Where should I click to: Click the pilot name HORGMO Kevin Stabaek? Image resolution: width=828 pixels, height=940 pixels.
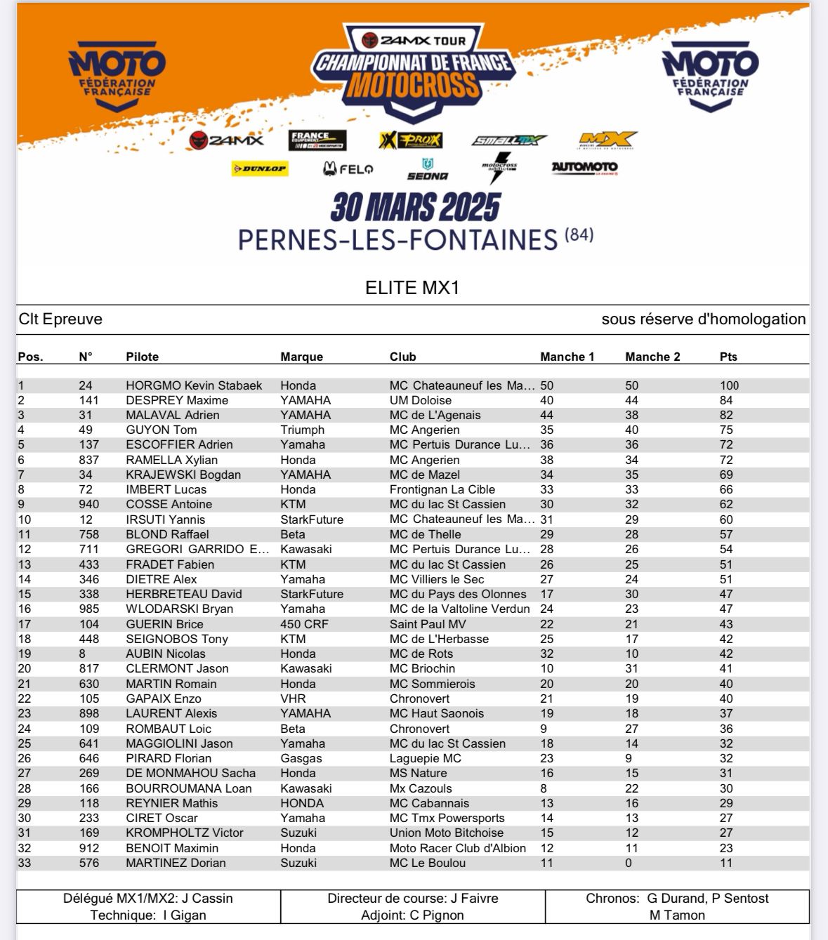(x=194, y=385)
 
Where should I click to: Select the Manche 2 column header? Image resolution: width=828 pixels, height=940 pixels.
(x=652, y=357)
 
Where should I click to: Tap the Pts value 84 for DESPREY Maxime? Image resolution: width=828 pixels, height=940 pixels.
(x=726, y=400)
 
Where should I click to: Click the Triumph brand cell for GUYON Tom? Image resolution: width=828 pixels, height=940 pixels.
(x=302, y=430)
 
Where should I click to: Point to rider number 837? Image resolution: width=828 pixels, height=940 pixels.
(x=89, y=460)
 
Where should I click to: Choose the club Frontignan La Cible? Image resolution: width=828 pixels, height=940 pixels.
(x=442, y=489)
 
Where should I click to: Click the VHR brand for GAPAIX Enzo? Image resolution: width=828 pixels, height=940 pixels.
(x=293, y=699)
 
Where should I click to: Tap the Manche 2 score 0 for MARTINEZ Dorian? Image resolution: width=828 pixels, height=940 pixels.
(x=629, y=863)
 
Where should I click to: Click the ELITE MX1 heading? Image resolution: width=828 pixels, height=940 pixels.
(x=412, y=288)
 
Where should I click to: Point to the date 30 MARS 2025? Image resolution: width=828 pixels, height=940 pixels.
(x=415, y=207)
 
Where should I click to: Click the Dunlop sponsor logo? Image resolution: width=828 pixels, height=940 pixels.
(x=260, y=168)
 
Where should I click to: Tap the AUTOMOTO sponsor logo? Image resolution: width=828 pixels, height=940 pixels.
(x=584, y=167)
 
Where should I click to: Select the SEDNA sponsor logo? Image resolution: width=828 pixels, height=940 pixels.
(x=427, y=169)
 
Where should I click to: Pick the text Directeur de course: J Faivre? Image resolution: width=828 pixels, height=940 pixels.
(x=413, y=898)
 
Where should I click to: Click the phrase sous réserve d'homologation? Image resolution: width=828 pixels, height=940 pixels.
(x=704, y=319)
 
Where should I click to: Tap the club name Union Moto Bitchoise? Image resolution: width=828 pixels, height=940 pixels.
(x=447, y=833)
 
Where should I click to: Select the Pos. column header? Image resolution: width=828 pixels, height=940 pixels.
(x=30, y=357)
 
